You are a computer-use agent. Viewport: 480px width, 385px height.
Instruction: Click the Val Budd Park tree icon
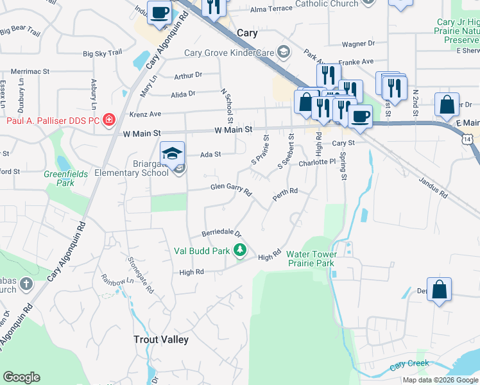240,250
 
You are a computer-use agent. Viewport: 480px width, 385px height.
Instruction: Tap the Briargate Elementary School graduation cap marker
172,154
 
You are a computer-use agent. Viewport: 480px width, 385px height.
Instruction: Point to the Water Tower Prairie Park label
311,259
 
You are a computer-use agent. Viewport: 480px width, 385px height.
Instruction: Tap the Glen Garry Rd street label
231,189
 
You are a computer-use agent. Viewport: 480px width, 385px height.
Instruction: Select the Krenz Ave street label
146,114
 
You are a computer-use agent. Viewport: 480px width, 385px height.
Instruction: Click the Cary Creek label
409,364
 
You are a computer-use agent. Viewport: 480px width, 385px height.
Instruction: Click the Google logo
21,377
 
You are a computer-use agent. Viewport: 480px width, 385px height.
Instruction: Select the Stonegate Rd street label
141,278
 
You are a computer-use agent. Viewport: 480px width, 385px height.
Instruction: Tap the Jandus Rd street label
435,187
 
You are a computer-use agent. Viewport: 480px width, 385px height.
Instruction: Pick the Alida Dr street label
183,94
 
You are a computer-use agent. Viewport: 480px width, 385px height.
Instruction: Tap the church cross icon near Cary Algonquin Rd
26,283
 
